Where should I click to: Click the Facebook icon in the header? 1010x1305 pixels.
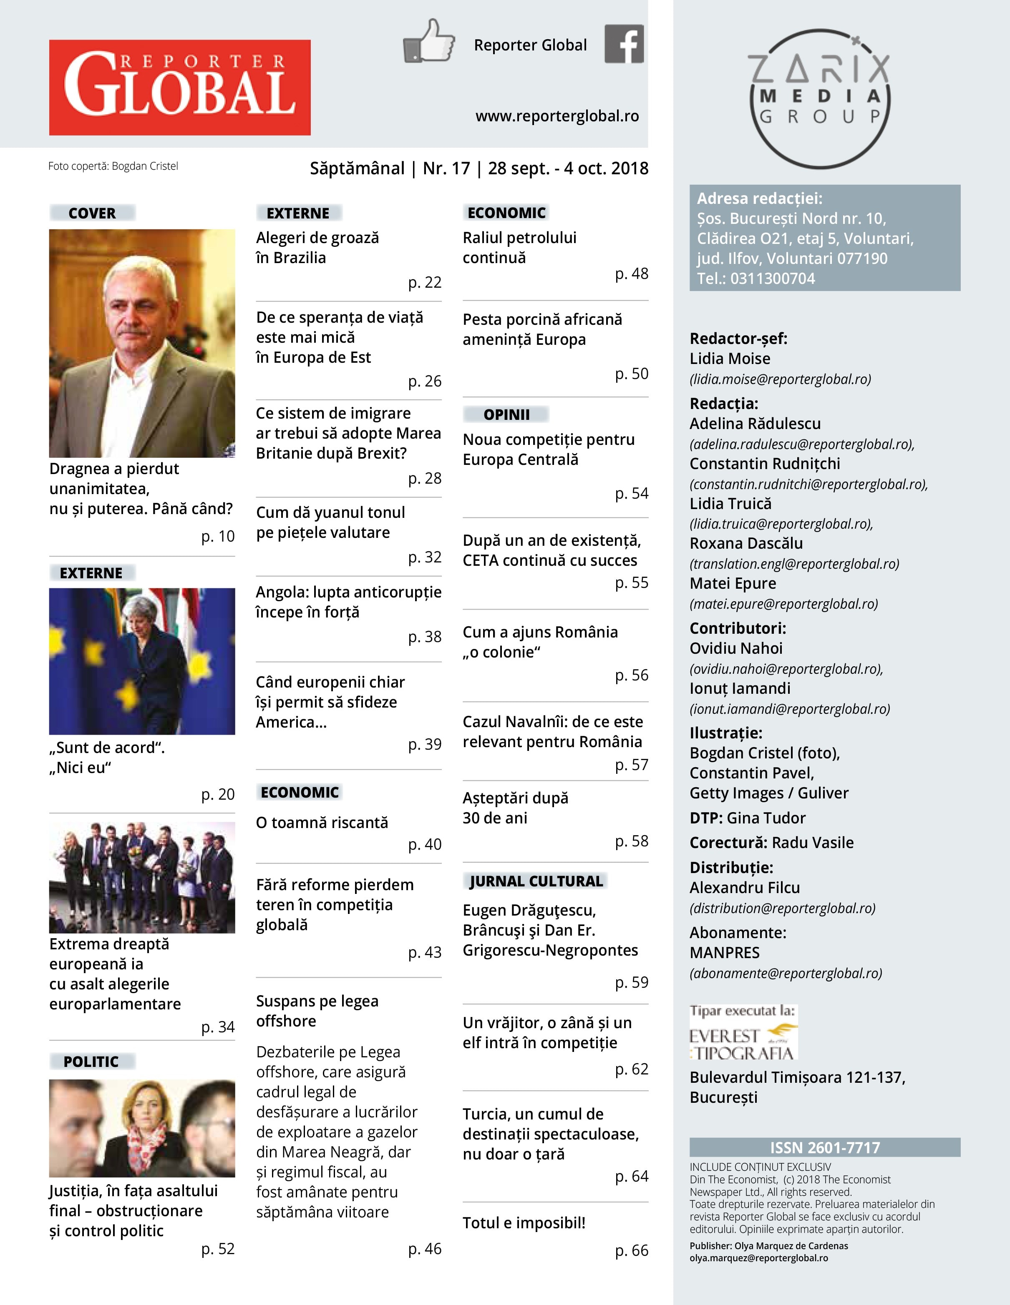624,44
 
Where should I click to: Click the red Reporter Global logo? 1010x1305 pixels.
179,87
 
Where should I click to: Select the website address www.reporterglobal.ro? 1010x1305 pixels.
557,116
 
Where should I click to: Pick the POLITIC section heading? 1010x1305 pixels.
91,1061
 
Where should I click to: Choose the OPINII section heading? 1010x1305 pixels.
506,414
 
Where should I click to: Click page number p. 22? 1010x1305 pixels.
425,282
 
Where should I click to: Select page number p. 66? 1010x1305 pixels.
632,1250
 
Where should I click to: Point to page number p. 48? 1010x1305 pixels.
632,274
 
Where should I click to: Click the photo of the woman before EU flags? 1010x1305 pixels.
142,661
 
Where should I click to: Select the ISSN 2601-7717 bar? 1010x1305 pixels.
825,1147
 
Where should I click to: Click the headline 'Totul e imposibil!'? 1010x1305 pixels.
524,1222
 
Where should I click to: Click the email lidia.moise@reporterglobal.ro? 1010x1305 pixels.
780,379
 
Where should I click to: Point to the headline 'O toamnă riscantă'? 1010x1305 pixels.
322,822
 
